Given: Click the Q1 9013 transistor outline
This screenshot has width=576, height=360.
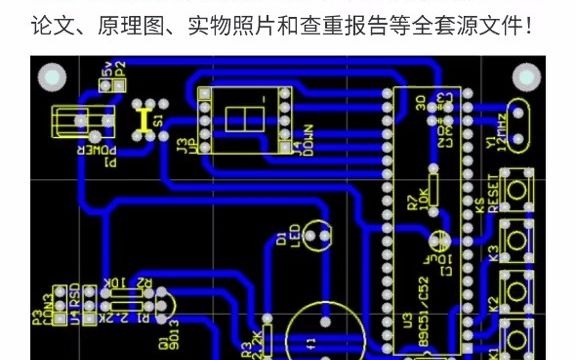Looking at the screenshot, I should pyautogui.click(x=164, y=301).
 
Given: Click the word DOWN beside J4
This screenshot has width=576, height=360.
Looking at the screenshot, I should pyautogui.click(x=310, y=140).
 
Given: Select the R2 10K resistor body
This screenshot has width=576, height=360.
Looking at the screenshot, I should pyautogui.click(x=120, y=295).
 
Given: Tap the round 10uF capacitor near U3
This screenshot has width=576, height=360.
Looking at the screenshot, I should pyautogui.click(x=436, y=240).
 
